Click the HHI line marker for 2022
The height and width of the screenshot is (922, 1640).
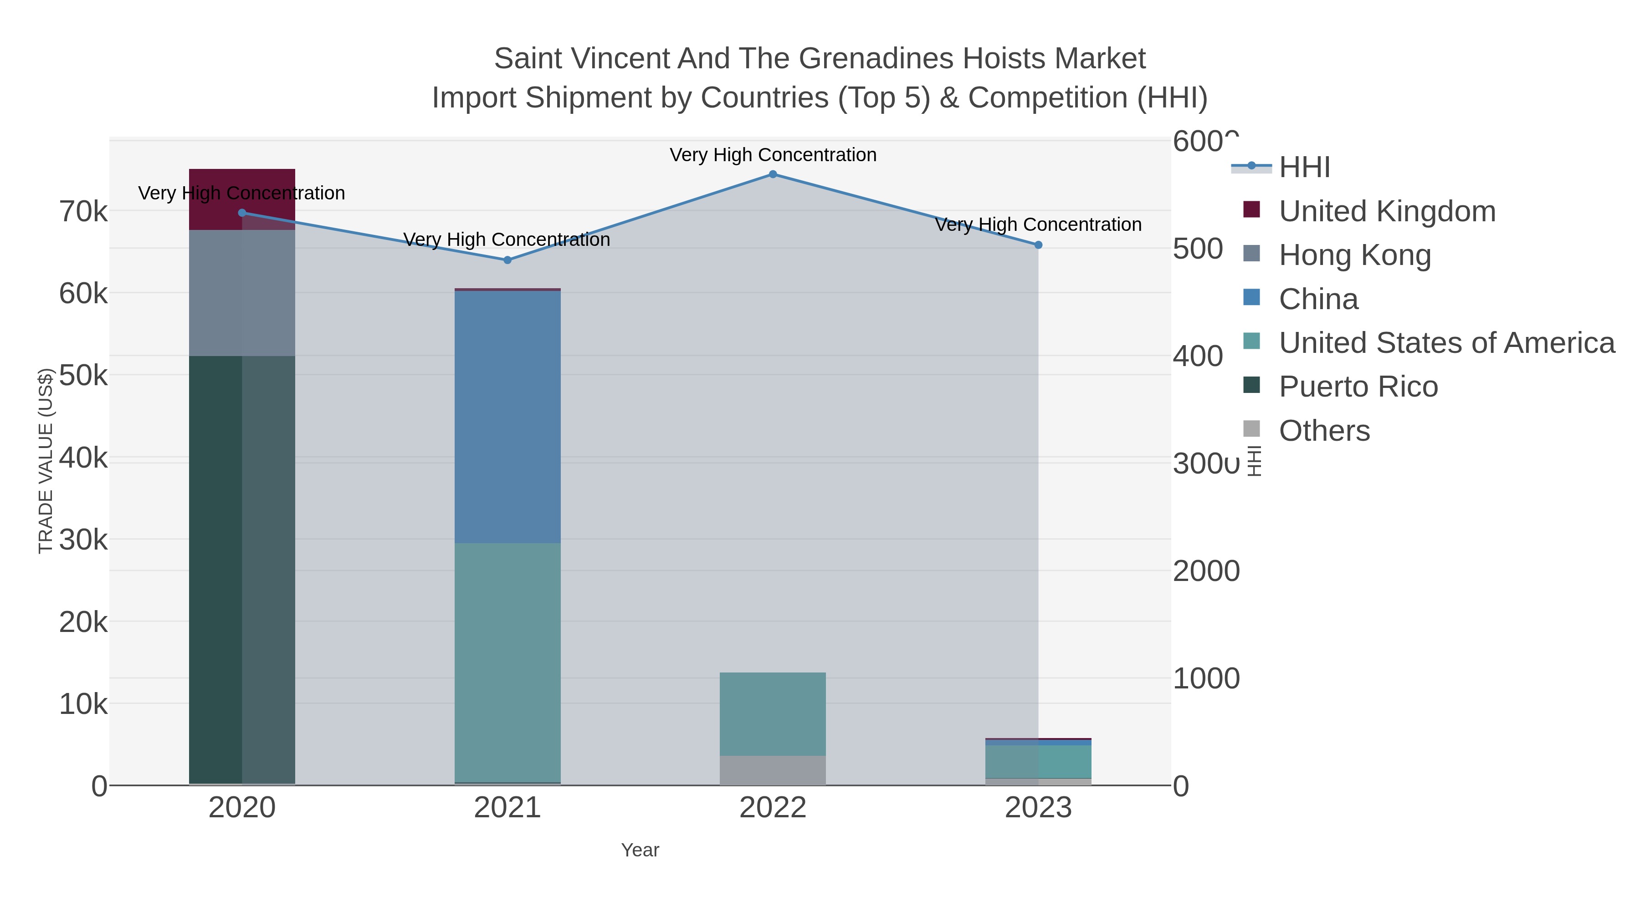(772, 174)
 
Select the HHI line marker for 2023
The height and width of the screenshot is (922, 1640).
(1038, 245)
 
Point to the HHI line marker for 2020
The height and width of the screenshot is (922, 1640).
(242, 213)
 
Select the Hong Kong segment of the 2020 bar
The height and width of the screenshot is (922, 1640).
(242, 293)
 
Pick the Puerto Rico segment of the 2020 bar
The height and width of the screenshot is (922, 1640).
(242, 570)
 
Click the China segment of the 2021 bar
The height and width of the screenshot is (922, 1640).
(507, 417)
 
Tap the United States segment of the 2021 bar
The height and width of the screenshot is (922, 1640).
(507, 662)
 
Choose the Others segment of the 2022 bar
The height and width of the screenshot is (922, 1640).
(772, 770)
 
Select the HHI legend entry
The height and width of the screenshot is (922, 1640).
(1305, 168)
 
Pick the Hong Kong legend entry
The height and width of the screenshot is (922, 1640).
(1354, 255)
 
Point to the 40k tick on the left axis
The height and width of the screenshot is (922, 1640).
(83, 458)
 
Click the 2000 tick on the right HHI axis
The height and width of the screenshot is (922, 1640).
(1206, 571)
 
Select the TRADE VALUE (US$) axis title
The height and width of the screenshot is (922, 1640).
(45, 461)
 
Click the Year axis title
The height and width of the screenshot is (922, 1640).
(640, 850)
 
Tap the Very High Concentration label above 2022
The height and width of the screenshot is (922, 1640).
(772, 155)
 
